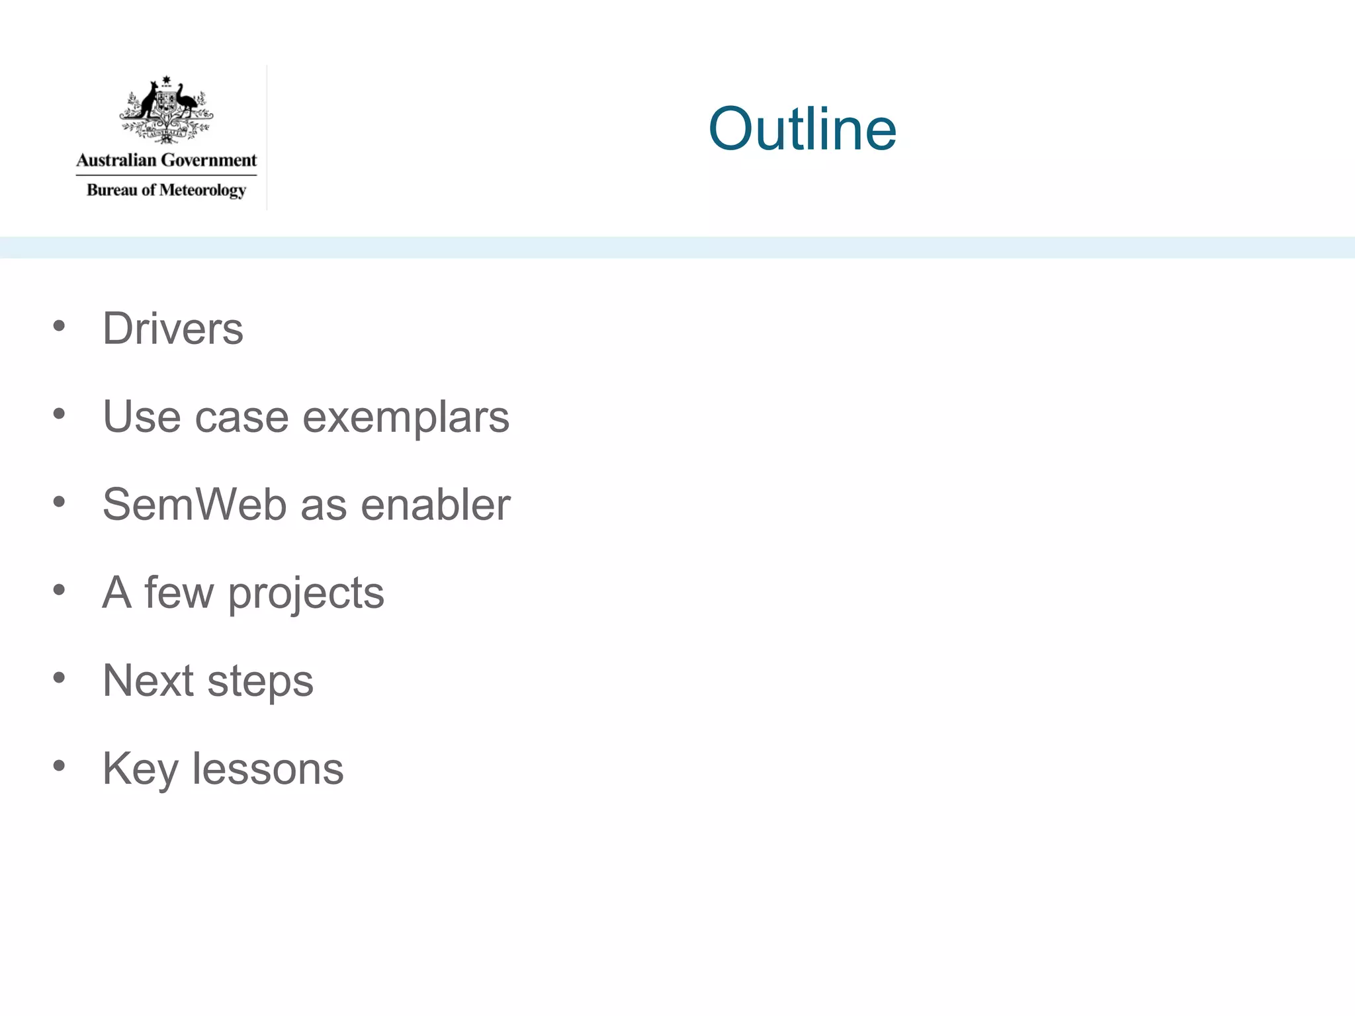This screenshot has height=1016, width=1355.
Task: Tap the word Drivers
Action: [173, 328]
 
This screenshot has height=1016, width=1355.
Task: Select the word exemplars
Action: [406, 417]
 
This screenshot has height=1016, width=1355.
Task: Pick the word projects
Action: [306, 593]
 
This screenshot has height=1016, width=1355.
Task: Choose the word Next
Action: [148, 680]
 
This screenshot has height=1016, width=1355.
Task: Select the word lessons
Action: [268, 769]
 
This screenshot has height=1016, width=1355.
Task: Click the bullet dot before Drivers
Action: [60, 325]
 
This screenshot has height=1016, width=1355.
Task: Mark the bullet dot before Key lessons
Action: [60, 766]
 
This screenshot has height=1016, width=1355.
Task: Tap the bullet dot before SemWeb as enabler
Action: [60, 502]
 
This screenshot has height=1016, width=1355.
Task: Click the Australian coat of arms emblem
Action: [167, 109]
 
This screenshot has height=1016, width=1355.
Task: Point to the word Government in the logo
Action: [208, 160]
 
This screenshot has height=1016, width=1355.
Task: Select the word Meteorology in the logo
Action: [202, 190]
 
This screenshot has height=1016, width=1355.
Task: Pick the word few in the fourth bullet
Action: [179, 592]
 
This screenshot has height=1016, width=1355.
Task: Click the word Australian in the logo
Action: [116, 160]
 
